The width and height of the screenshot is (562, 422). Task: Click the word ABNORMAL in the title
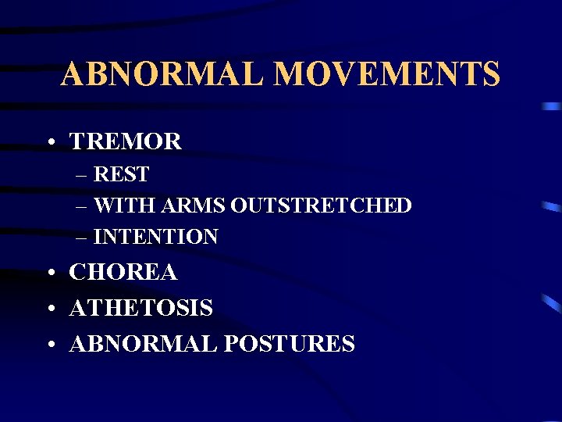[165, 75]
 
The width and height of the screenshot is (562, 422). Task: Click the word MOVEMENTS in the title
[388, 75]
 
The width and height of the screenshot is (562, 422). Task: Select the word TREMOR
[126, 141]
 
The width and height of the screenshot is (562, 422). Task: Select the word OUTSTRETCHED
[322, 206]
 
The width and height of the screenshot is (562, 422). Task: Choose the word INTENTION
[156, 237]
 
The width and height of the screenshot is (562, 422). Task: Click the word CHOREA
[123, 273]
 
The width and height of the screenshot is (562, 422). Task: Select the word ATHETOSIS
[141, 309]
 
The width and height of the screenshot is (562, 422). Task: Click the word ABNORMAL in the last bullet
[136, 344]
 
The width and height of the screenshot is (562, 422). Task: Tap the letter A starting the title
[73, 75]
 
